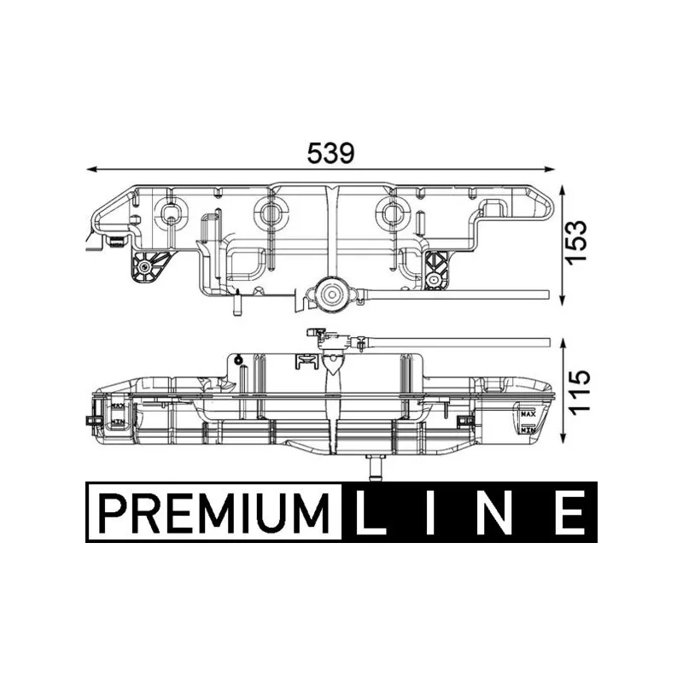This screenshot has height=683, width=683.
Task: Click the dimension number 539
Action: tap(330, 153)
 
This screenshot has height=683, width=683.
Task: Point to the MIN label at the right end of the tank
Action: tap(528, 431)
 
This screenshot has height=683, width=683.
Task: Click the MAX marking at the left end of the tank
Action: tap(115, 407)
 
